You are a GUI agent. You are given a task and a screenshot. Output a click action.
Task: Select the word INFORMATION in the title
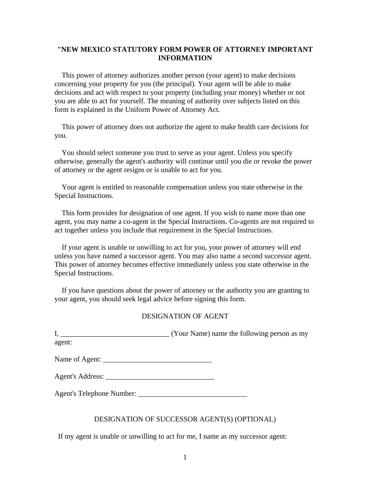[x=185, y=58]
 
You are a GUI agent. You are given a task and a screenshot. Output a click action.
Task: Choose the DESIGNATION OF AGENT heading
[x=185, y=316]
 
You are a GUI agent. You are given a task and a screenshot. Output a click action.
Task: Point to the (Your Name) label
[x=191, y=333]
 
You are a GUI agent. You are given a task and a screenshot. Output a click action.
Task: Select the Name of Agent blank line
[x=158, y=360]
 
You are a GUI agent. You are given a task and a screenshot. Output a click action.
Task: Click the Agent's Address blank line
[x=160, y=378]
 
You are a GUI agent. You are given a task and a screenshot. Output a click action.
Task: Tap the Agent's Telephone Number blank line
[x=193, y=395]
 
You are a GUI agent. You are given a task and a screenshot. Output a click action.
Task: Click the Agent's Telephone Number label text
[x=95, y=394]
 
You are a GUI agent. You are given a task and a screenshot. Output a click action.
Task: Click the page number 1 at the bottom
[x=185, y=457]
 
